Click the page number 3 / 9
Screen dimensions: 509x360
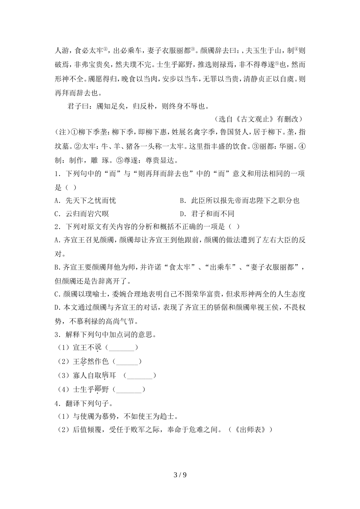click(x=180, y=475)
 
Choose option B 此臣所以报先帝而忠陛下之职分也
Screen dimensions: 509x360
click(x=239, y=201)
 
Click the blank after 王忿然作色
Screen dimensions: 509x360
click(x=127, y=362)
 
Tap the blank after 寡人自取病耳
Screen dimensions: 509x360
click(x=139, y=376)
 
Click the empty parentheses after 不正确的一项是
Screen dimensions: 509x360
click(x=234, y=227)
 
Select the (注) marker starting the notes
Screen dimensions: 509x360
click(x=61, y=132)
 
